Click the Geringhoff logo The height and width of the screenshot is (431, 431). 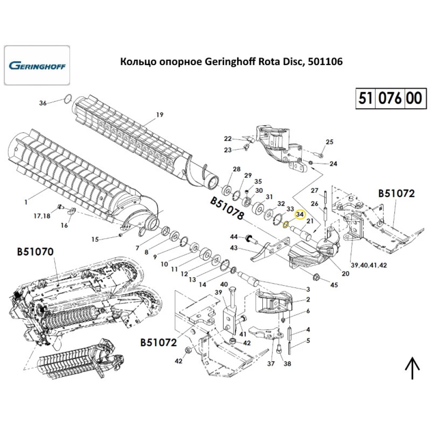37,66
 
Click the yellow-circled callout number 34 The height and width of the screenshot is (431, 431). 299,214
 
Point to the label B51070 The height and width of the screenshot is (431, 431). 36,251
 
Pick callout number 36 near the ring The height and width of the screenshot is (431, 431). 42,103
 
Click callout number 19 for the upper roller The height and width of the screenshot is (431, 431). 159,115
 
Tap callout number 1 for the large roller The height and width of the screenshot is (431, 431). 25,202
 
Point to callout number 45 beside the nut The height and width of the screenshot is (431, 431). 334,285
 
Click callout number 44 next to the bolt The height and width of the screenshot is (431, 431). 234,237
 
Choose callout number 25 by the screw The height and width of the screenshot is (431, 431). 329,142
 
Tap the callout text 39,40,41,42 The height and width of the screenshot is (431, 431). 369,265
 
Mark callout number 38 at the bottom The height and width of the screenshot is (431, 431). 287,364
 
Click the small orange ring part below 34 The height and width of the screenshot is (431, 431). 285,224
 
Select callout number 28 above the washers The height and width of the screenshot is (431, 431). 236,169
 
